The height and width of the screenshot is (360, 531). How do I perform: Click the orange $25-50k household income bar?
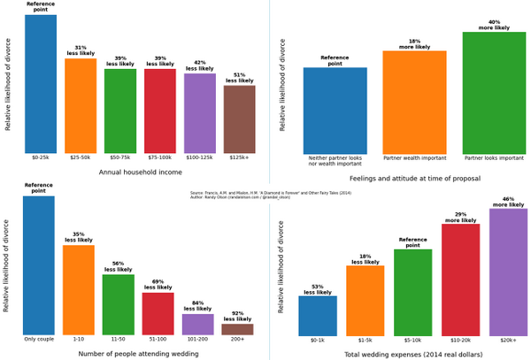pyautogui.click(x=81, y=105)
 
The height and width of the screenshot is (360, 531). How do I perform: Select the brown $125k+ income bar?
pyautogui.click(x=239, y=119)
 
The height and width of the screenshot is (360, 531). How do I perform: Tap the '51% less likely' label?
pyautogui.click(x=239, y=77)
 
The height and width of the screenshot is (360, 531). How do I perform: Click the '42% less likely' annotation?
pyautogui.click(x=199, y=65)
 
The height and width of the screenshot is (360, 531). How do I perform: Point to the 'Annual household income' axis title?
pyautogui.click(x=140, y=172)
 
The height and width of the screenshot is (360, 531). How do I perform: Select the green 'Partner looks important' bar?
pyautogui.click(x=494, y=93)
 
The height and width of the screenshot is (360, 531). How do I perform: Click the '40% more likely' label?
pyautogui.click(x=494, y=25)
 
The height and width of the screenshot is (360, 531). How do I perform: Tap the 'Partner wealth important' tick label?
pyautogui.click(x=414, y=158)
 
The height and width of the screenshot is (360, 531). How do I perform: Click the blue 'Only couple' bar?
pyautogui.click(x=39, y=265)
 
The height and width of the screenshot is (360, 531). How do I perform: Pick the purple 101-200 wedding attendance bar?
pyautogui.click(x=198, y=324)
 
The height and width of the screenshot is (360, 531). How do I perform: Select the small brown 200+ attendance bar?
pyautogui.click(x=237, y=329)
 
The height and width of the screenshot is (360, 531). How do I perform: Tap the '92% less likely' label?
pyautogui.click(x=237, y=316)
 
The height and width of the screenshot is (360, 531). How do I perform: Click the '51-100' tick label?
pyautogui.click(x=158, y=340)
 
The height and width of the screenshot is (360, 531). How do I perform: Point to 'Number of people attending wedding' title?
pyautogui.click(x=138, y=354)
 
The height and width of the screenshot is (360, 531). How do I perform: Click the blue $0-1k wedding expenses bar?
pyautogui.click(x=318, y=316)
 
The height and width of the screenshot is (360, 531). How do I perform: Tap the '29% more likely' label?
pyautogui.click(x=460, y=217)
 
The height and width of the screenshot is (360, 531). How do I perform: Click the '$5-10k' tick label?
pyautogui.click(x=412, y=340)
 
